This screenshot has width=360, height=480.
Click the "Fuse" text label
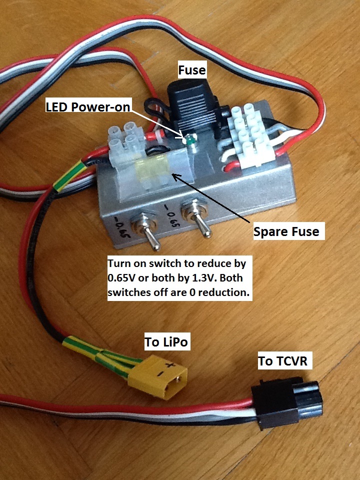click(192, 69)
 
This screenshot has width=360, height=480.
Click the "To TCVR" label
click(285, 360)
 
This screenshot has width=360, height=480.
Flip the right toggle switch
click(202, 223)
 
